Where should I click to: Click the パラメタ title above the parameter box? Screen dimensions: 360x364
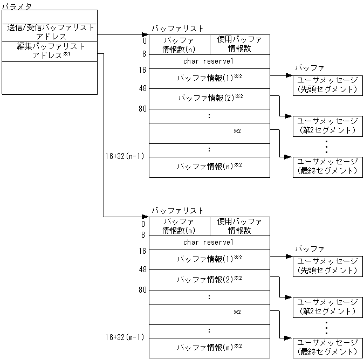(17, 5)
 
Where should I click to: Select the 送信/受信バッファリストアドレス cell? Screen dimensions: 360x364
(51, 32)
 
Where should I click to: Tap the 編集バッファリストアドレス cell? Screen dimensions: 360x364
(51, 51)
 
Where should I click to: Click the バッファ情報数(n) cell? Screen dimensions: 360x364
(179, 45)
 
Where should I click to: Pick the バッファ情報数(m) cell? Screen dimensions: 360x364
(179, 226)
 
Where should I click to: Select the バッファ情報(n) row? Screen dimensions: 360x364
(209, 167)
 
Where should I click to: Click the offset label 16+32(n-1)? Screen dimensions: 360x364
(125, 156)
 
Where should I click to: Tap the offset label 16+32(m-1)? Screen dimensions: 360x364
(125, 338)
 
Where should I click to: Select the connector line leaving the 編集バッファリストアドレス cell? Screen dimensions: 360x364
(103, 135)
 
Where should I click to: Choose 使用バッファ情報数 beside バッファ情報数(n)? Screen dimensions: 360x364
(239, 45)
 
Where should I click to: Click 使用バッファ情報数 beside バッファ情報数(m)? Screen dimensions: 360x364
(239, 226)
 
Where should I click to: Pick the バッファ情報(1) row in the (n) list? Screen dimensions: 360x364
(209, 78)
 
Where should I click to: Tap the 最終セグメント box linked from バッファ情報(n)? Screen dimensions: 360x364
(327, 167)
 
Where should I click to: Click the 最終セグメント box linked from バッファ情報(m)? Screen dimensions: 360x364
(327, 348)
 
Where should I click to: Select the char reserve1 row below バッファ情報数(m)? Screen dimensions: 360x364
(209, 243)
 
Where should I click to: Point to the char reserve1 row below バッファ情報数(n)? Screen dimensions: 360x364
(209, 61)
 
